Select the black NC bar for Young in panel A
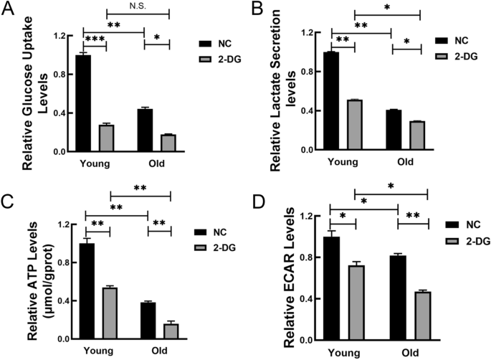pyautogui.click(x=83, y=103)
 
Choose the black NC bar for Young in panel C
pyautogui.click(x=86, y=291)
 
